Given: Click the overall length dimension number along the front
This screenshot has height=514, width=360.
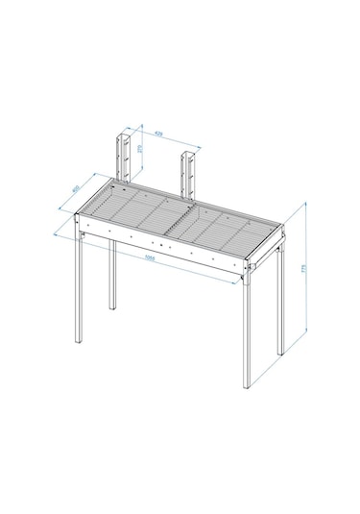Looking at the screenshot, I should [151, 257].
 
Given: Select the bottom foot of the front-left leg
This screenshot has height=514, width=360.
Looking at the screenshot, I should [79, 342].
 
